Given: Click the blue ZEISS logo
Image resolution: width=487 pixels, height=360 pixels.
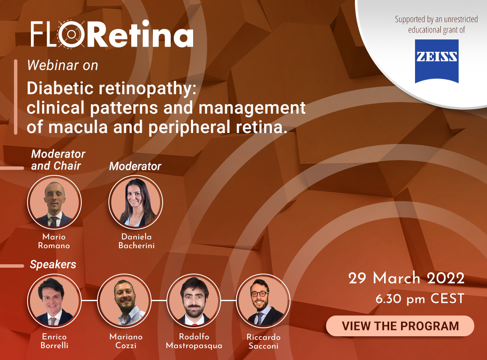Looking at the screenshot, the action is click(437, 61).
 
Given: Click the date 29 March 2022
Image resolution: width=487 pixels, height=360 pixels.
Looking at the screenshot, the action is click(406, 278).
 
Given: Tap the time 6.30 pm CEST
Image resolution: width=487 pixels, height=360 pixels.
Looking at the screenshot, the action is click(420, 299).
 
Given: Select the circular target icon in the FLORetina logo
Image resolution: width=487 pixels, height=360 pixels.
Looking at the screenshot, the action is click(71, 34).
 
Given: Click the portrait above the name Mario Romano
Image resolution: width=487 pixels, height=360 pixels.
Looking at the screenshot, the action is click(54, 202).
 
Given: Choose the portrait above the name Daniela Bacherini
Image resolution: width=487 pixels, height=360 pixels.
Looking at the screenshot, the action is click(136, 202).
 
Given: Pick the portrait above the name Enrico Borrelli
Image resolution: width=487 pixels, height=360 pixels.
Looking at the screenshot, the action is click(54, 301).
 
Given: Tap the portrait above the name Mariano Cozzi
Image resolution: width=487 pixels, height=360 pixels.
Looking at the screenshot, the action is click(124, 301).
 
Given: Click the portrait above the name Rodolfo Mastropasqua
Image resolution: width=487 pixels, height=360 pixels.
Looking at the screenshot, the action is click(194, 301).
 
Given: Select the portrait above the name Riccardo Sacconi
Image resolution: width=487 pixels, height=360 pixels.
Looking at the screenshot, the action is click(263, 301).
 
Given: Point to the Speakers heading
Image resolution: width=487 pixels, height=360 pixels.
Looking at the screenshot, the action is click(53, 265).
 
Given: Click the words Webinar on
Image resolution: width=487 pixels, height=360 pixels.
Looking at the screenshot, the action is click(62, 65).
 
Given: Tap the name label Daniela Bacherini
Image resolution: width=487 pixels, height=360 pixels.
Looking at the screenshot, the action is click(136, 241).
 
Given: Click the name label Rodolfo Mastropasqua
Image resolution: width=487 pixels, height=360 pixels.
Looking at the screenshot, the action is click(194, 341).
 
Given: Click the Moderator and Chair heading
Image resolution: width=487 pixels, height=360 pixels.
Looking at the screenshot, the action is click(58, 160).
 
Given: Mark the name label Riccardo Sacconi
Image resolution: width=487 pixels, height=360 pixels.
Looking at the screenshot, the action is click(263, 341).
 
